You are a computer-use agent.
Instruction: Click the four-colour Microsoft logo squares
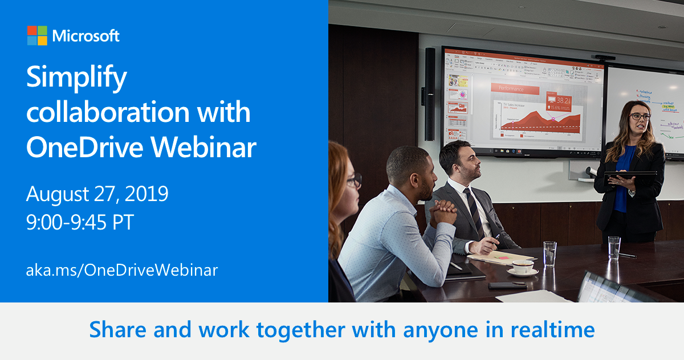click(x=36, y=35)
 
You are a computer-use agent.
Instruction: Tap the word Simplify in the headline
click(x=76, y=78)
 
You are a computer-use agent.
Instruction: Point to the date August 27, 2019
click(x=97, y=194)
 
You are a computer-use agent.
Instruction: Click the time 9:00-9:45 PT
click(x=80, y=222)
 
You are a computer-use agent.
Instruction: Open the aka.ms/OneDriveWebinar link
click(x=121, y=269)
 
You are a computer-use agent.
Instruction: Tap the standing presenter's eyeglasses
click(x=639, y=116)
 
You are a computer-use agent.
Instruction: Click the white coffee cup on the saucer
click(x=522, y=266)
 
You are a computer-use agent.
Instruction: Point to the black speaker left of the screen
click(x=429, y=94)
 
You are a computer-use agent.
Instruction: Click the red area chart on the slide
click(x=541, y=121)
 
